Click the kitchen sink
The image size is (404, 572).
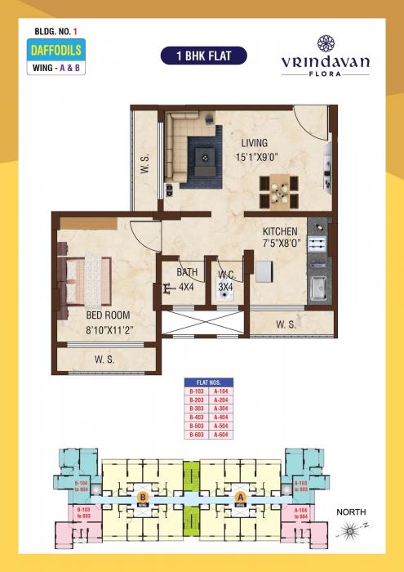317,288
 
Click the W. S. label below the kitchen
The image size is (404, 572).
286,324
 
